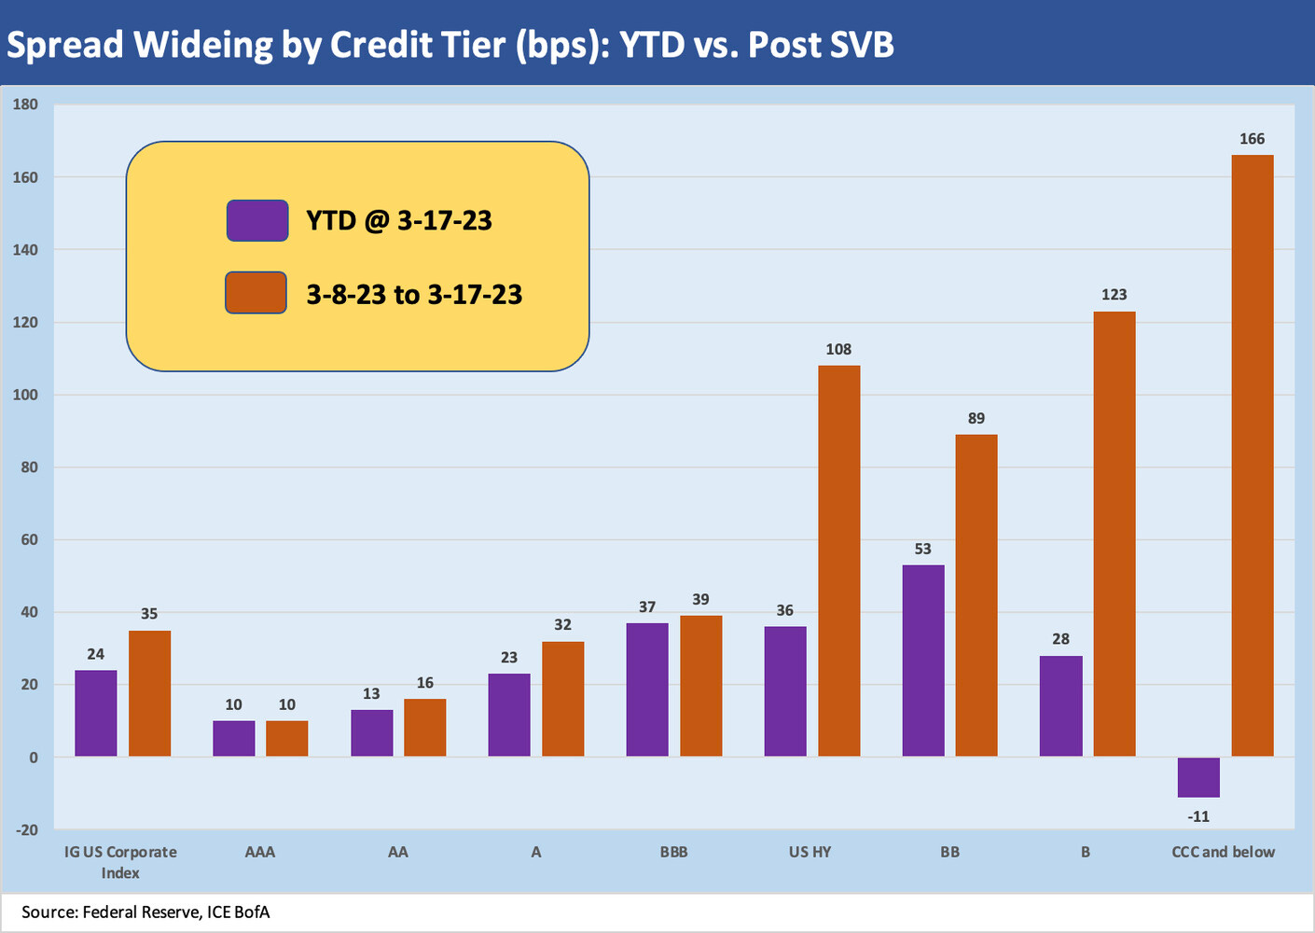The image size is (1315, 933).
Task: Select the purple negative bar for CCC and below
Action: pos(1198,777)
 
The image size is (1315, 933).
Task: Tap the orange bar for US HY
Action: pos(838,560)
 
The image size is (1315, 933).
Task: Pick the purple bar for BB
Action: pos(923,661)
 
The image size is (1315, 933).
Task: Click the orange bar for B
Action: pos(1114,534)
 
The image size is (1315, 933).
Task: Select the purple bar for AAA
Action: pos(233,738)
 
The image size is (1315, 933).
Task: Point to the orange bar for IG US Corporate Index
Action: pos(149,693)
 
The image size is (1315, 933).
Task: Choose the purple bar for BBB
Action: pos(647,689)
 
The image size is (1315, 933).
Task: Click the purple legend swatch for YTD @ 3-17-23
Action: pos(257,221)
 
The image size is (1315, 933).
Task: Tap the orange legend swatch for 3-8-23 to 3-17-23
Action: pos(256,293)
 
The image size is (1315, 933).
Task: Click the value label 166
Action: pos(1252,139)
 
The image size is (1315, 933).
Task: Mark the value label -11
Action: pos(1198,816)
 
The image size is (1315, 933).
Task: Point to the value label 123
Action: pos(1114,295)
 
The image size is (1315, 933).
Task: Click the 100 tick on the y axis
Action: pos(25,395)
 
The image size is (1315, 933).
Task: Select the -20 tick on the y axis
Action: pos(25,829)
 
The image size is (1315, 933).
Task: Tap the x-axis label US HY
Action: pos(810,852)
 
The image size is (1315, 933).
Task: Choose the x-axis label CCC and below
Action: pos(1223,852)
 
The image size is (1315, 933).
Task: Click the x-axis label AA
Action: pos(397,852)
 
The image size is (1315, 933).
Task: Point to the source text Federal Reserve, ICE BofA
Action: pos(176,912)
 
